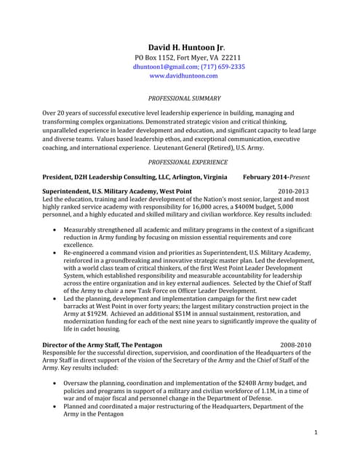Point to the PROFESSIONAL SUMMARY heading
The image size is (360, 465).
pyautogui.click(x=185, y=97)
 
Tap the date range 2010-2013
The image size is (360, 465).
pyautogui.click(x=293, y=191)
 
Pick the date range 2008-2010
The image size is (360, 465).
pyautogui.click(x=295, y=344)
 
